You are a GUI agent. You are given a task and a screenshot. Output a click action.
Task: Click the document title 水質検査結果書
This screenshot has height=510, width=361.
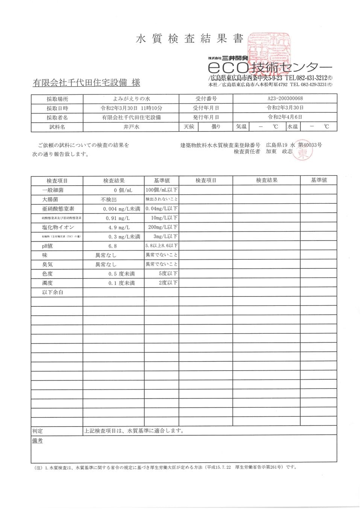click(190, 38)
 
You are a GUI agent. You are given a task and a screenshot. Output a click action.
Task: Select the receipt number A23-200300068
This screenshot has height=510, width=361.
click(285, 98)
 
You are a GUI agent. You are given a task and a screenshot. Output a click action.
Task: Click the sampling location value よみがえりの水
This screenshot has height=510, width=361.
click(131, 98)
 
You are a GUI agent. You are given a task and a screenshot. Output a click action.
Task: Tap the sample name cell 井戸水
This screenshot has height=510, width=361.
click(131, 127)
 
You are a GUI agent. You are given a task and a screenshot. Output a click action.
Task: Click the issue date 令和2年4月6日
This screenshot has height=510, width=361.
click(285, 117)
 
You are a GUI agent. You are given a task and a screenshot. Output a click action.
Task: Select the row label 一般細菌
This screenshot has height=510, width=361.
click(53, 190)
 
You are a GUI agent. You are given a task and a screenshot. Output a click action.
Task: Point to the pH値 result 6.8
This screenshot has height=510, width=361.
click(112, 246)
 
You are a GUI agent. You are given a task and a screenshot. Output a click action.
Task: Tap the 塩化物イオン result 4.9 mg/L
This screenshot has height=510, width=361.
click(116, 227)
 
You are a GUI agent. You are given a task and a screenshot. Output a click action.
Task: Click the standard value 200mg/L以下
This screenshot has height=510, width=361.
click(163, 227)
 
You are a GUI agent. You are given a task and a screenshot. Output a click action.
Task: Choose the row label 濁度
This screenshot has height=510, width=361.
click(47, 283)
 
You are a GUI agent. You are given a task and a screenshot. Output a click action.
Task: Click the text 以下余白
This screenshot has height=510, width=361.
click(53, 292)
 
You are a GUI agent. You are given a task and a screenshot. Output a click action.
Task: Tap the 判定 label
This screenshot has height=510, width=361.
click(38, 431)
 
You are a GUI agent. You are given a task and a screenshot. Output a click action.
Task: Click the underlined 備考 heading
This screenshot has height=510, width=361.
click(38, 440)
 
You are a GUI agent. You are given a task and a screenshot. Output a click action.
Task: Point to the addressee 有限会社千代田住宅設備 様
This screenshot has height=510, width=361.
click(86, 83)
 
